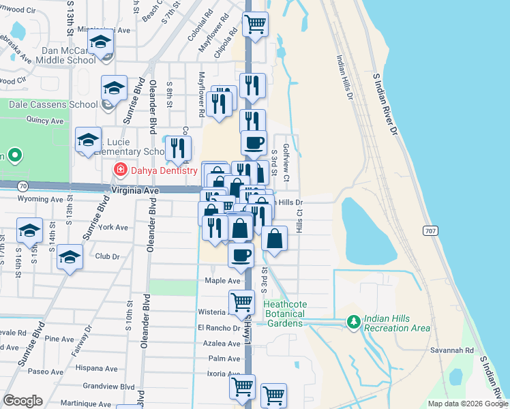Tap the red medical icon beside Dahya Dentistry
(121, 168)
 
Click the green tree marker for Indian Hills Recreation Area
(353, 320)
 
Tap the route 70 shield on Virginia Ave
(23, 185)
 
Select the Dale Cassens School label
(55, 104)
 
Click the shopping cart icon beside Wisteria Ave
(241, 301)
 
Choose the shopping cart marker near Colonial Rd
(255, 23)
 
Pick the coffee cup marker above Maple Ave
(241, 256)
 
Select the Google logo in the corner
(22, 401)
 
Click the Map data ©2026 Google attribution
(468, 404)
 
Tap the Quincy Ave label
(44, 121)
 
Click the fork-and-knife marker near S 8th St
(178, 148)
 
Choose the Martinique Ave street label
(86, 404)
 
